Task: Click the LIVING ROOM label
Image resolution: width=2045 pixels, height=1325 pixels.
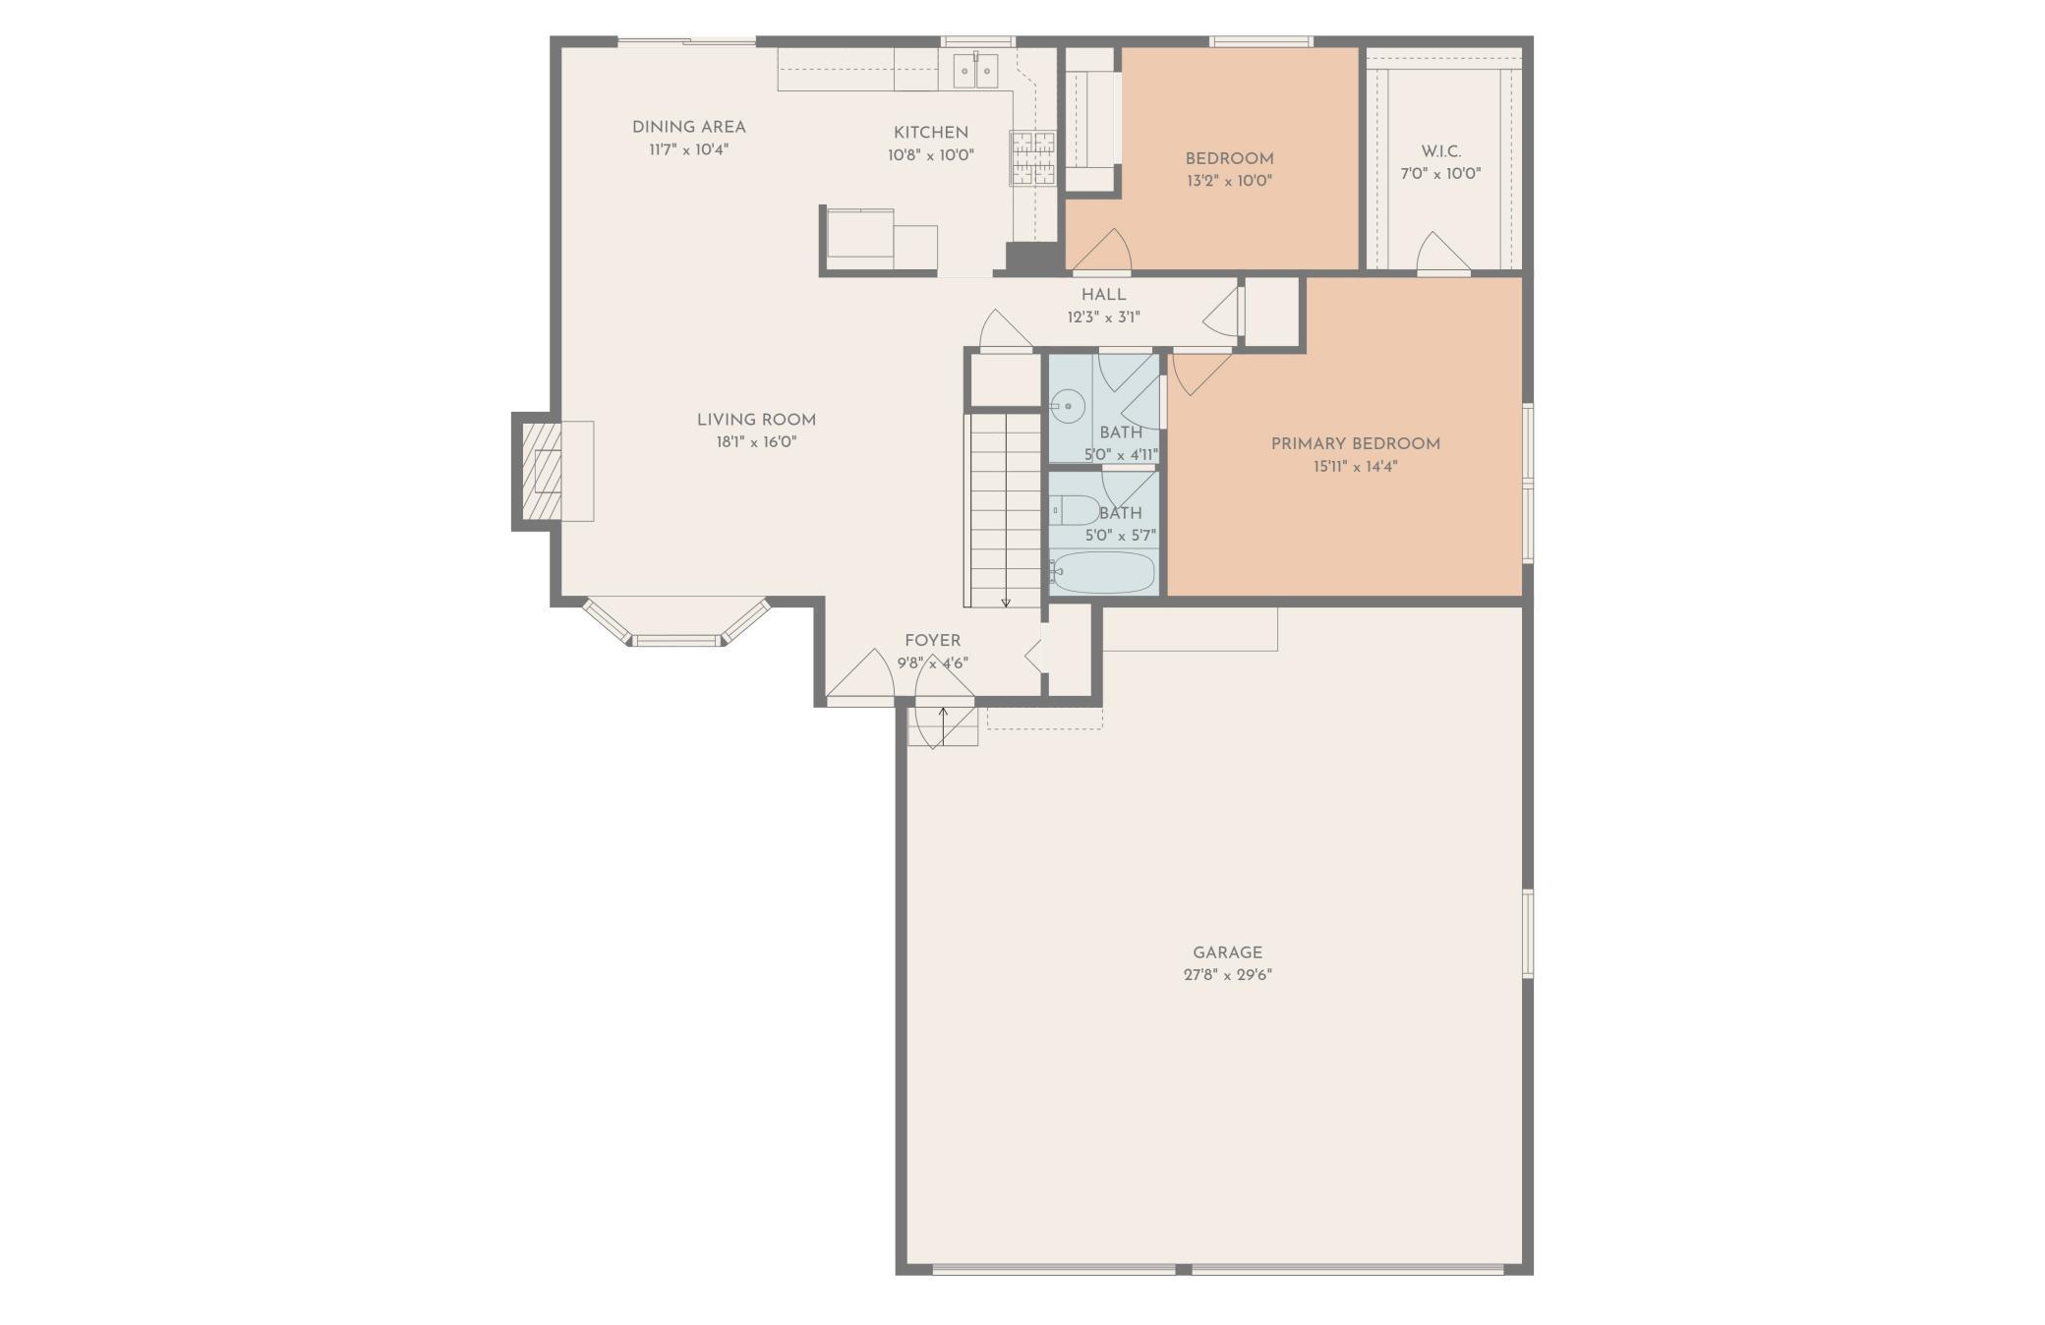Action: (x=756, y=420)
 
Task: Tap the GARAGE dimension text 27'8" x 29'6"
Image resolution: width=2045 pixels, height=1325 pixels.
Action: (x=1227, y=975)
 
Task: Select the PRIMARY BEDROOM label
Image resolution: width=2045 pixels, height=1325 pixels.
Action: (x=1355, y=444)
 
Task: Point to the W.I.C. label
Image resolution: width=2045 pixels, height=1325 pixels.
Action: (x=1440, y=152)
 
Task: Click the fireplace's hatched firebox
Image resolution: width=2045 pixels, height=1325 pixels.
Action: (x=541, y=471)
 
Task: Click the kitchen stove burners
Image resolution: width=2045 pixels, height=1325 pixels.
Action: (x=1031, y=158)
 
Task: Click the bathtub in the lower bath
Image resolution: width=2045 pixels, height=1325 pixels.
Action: (x=1102, y=572)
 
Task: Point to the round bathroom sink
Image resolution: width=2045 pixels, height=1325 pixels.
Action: (x=1067, y=405)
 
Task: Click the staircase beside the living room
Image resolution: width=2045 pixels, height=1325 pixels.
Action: (x=1004, y=510)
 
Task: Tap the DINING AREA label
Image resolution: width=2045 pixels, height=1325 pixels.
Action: (x=688, y=127)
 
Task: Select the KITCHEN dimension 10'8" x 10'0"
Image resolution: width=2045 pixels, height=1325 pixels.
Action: (x=930, y=155)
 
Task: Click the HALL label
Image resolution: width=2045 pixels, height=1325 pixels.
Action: (x=1103, y=295)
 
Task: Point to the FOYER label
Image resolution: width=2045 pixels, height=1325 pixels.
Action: (x=932, y=641)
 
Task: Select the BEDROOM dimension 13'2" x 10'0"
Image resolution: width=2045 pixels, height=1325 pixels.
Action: (x=1229, y=181)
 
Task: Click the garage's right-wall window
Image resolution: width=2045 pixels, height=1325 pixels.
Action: (x=1528, y=933)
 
